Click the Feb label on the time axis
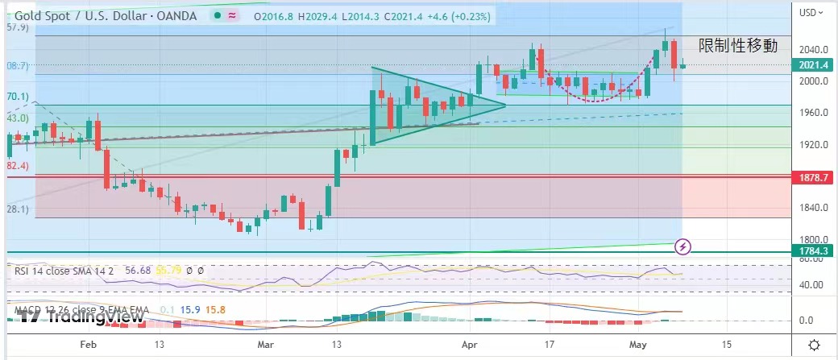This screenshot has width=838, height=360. tap(89, 344)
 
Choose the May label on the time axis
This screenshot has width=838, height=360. tap(637, 344)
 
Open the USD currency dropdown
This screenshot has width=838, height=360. tap(811, 12)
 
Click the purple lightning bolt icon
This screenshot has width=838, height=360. tap(683, 246)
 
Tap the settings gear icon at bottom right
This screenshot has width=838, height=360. tap(815, 345)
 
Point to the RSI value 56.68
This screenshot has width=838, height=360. tap(139, 271)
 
